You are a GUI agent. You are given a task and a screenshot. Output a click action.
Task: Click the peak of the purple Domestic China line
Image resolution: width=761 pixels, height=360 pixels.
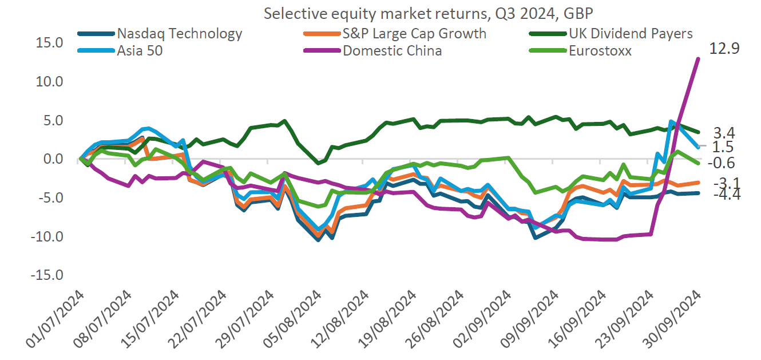(x=698, y=58)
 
